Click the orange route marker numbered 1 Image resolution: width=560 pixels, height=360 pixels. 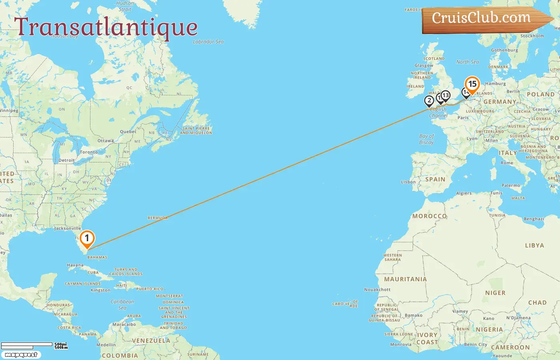tap(87, 238)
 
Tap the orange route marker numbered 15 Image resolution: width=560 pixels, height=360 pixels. tap(472, 84)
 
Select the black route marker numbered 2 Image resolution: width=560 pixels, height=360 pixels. tap(429, 101)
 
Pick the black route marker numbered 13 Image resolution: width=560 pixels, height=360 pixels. tap(445, 96)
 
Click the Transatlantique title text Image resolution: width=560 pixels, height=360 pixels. tap(106, 27)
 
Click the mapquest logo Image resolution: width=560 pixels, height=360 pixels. tap(21, 355)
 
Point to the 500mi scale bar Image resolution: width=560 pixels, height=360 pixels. tap(27, 344)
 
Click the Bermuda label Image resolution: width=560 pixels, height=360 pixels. tap(158, 218)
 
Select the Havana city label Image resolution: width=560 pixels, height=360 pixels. tap(75, 265)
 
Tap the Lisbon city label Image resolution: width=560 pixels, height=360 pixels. tap(408, 182)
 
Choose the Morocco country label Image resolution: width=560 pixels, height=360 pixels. tap(430, 216)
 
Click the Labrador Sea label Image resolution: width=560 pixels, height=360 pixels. tap(208, 42)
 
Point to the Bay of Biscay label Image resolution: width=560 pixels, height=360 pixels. tap(426, 139)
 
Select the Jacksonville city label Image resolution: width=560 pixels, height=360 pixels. tap(68, 228)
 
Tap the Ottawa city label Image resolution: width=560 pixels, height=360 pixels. tap(106, 141)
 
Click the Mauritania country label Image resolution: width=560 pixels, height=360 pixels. tap(405, 279)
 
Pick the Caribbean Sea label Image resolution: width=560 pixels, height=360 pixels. tap(122, 304)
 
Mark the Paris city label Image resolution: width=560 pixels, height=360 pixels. tap(463, 118)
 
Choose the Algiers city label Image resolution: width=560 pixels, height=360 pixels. tap(464, 193)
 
